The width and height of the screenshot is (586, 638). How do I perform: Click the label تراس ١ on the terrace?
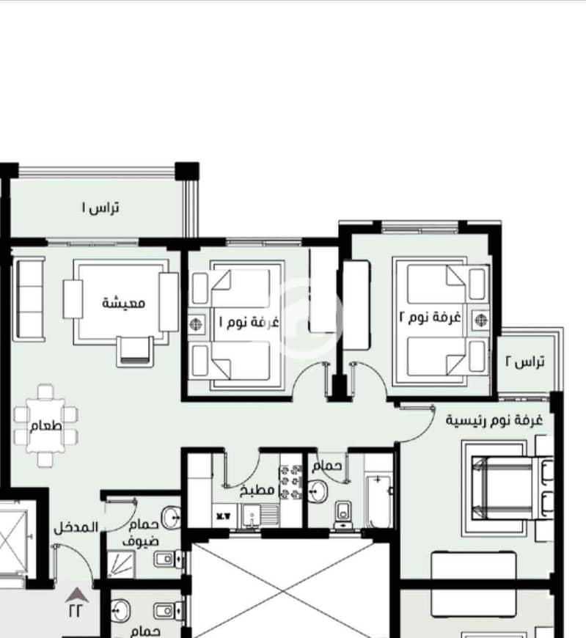100,208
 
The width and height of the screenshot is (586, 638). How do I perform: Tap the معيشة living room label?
123,303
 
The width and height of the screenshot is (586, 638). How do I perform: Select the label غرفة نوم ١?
249,322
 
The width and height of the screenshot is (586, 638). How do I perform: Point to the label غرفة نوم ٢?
430,317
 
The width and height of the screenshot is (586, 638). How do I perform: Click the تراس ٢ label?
525,361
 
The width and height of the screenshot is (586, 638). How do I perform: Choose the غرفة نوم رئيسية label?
494,419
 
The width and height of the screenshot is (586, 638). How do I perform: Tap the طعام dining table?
46,425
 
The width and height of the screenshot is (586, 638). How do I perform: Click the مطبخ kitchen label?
257,490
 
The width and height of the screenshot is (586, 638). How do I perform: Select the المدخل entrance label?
76,527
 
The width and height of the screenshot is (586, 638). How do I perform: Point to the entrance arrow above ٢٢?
77,595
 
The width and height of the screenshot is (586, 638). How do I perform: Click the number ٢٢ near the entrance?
76,610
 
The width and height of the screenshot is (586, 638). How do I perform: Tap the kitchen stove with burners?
290,482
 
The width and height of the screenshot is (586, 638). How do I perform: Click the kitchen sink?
252,516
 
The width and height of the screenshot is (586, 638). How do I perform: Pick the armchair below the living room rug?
135,351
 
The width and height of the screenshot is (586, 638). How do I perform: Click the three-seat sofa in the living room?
29,298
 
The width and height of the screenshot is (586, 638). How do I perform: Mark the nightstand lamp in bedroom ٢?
481,320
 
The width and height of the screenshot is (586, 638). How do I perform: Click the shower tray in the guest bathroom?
121,564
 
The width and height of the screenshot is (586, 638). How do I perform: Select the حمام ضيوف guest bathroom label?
141,533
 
